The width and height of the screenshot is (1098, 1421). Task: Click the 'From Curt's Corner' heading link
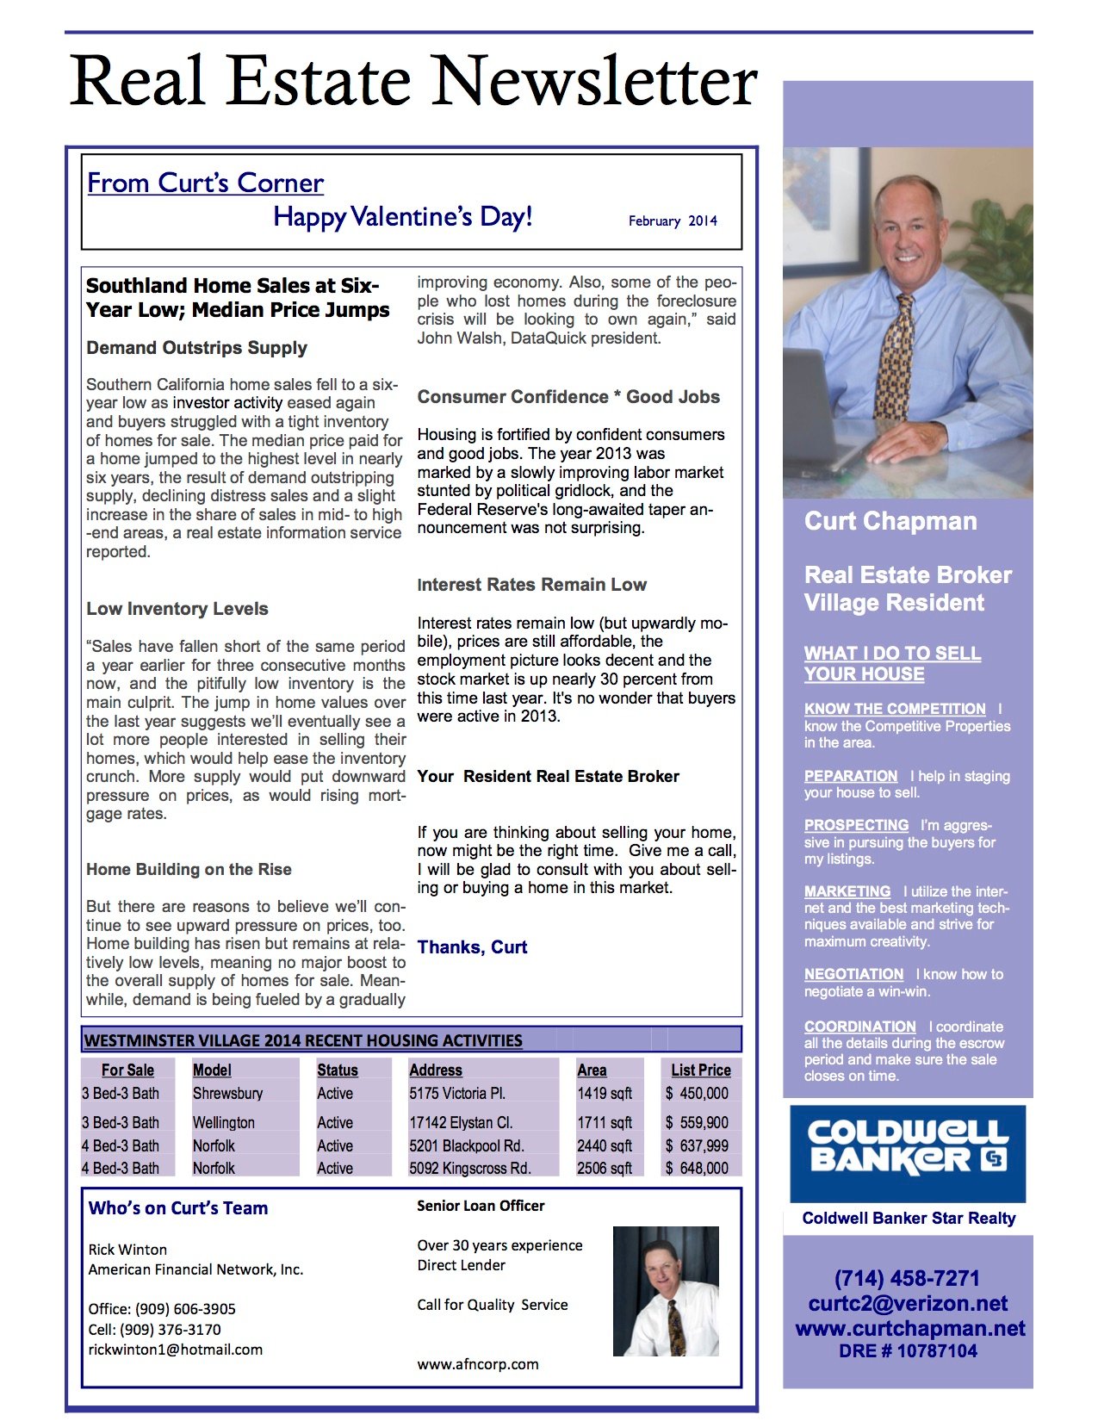tap(205, 183)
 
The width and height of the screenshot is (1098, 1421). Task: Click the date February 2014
tap(673, 221)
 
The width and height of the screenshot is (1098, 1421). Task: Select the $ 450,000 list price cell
tap(697, 1094)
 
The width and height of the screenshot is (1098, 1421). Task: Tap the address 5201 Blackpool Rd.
tap(467, 1146)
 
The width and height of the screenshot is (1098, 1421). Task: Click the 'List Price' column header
tap(701, 1070)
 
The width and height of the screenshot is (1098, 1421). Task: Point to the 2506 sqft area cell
tap(605, 1169)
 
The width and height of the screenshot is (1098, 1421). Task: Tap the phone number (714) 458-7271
tap(907, 1278)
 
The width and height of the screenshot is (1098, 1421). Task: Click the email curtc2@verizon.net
tap(908, 1303)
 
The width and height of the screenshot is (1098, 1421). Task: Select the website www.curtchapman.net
tap(910, 1328)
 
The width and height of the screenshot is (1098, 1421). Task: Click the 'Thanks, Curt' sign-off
tap(472, 947)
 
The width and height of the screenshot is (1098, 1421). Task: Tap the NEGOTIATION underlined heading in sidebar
tap(853, 974)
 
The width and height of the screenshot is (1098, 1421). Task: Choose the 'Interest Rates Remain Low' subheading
tap(531, 585)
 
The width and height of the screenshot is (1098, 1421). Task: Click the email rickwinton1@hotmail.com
tap(175, 1350)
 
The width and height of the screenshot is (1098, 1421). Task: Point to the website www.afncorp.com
tap(478, 1364)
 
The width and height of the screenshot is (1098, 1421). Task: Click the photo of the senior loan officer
tap(666, 1291)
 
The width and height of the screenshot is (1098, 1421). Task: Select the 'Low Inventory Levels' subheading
tap(177, 609)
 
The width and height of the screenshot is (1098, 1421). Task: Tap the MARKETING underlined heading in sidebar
tap(847, 891)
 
